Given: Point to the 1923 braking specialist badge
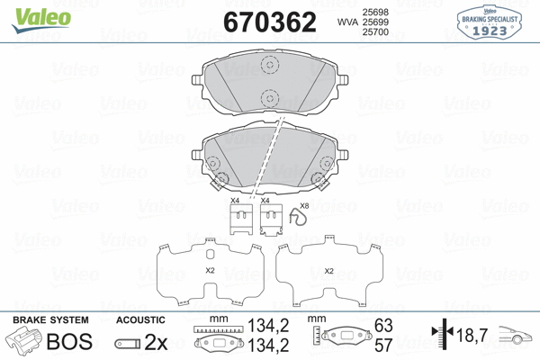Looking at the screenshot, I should tap(489, 22).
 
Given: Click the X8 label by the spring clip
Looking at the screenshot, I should tap(303, 207).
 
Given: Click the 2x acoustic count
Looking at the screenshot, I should tap(157, 343).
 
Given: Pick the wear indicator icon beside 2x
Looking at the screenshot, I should tap(126, 344).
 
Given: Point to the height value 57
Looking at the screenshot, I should tap(384, 346).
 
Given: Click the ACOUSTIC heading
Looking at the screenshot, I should tap(140, 320).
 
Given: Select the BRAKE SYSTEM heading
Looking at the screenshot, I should tap(49, 320).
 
